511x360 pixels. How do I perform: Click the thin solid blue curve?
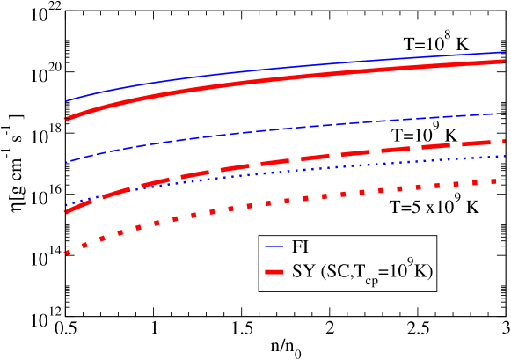tap(264, 69)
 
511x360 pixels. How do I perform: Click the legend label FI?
tap(299, 248)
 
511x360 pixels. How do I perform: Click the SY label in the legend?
tap(303, 272)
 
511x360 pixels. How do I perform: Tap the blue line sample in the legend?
tap(274, 248)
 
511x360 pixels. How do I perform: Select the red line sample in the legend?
tap(274, 272)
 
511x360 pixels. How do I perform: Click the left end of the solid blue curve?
tap(66, 101)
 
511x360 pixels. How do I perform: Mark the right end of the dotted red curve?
tap(504, 180)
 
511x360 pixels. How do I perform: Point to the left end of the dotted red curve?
tap(66, 253)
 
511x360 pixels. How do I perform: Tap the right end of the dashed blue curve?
tap(505, 113)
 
